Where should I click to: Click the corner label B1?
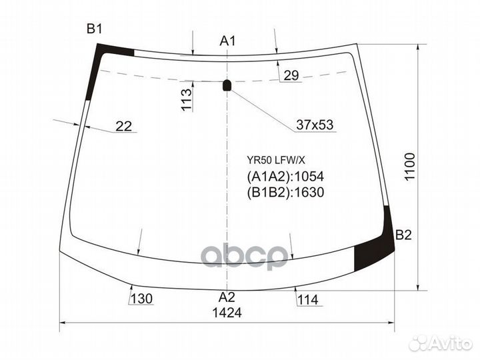[94, 29]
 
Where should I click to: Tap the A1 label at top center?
[227, 41]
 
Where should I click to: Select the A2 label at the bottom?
[227, 297]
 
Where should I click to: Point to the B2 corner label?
[403, 235]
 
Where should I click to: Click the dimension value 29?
[291, 75]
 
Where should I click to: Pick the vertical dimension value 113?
[187, 99]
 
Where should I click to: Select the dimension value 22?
[124, 126]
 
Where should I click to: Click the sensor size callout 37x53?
[315, 125]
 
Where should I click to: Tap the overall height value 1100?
[409, 167]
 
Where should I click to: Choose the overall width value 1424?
[227, 313]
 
